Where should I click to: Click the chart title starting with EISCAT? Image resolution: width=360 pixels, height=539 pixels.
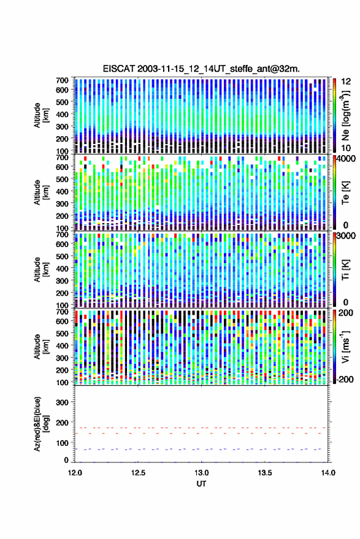(x=201, y=69)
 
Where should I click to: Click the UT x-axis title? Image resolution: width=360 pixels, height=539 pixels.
(x=201, y=484)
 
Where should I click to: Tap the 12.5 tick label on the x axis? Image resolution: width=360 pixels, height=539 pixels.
(x=138, y=473)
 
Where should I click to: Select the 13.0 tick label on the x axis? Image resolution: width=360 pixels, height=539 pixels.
(x=202, y=473)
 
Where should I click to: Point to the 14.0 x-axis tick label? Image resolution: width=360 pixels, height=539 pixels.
(x=328, y=473)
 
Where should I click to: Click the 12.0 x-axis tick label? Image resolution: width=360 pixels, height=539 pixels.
(x=75, y=473)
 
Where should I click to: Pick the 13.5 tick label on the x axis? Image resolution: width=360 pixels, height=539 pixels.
(x=265, y=473)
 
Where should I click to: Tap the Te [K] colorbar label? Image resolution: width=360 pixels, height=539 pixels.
(x=345, y=193)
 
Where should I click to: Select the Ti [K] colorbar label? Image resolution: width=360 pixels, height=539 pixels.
(x=345, y=270)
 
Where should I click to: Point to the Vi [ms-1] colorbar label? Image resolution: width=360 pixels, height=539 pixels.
(x=345, y=346)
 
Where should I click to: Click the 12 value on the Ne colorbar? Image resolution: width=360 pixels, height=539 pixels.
(x=345, y=82)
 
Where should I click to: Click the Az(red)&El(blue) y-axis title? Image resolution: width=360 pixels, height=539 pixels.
(x=40, y=424)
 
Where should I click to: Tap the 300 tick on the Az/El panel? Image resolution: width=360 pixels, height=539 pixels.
(x=62, y=402)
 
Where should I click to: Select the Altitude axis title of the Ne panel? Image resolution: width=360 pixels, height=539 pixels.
(x=40, y=115)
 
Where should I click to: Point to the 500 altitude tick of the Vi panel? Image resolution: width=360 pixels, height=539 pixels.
(x=62, y=334)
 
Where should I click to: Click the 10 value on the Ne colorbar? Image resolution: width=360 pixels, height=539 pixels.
(x=345, y=148)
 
